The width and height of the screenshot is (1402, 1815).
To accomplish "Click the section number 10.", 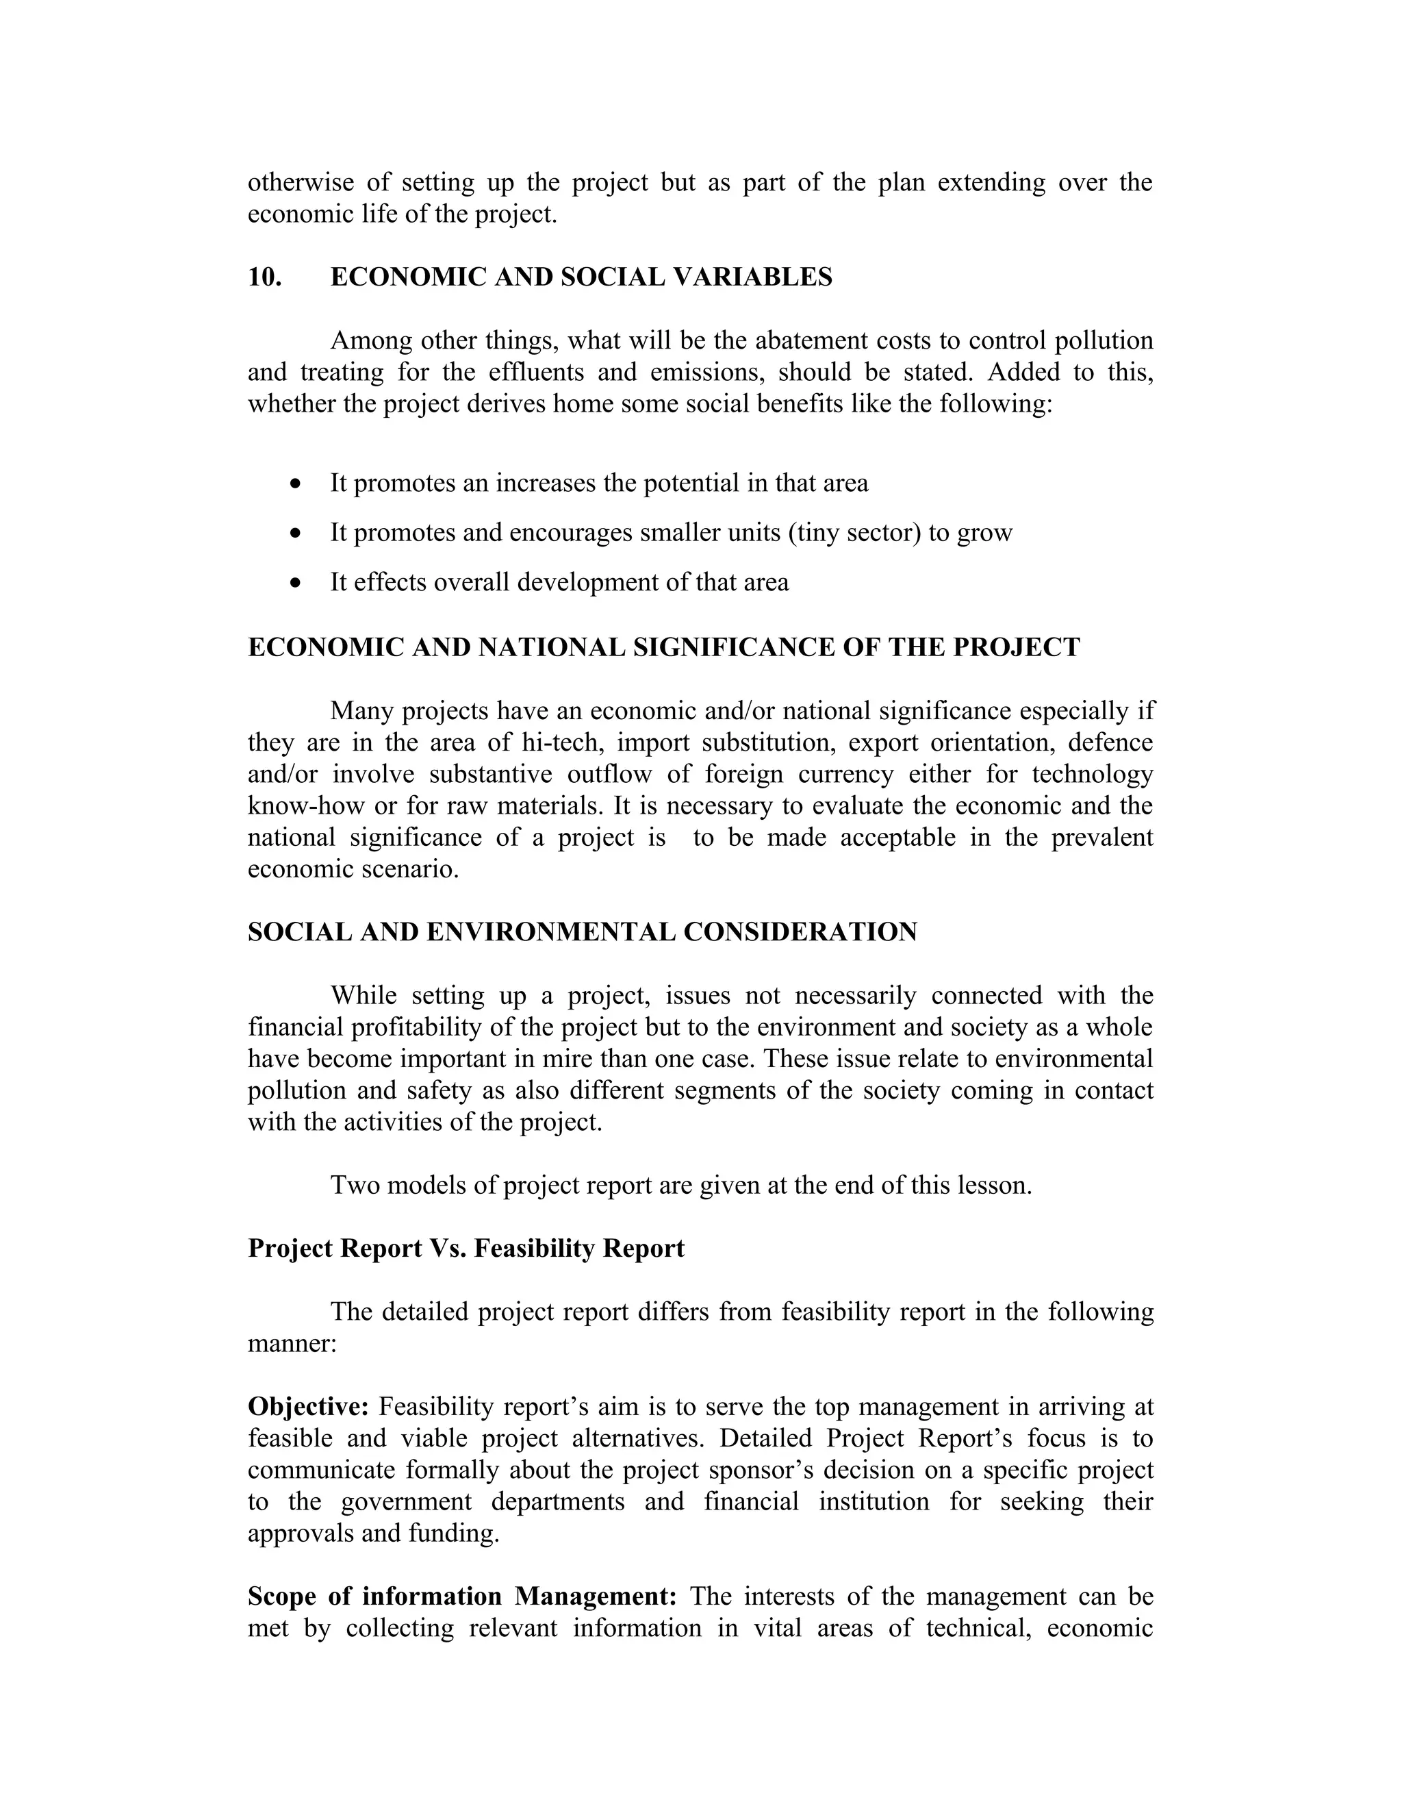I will tap(265, 277).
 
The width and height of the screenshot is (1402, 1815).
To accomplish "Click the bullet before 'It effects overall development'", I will tap(296, 583).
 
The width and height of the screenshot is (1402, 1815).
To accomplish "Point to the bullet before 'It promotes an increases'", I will tap(296, 484).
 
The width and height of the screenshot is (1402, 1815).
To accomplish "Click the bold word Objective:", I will tap(308, 1407).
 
